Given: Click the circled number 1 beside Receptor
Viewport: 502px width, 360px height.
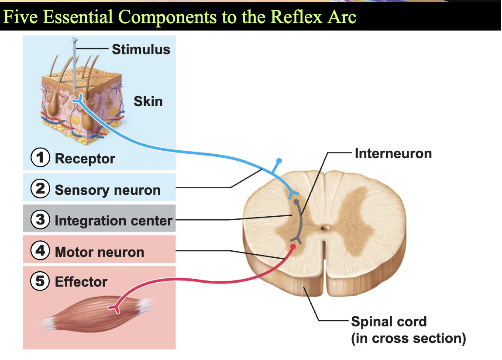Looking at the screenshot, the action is click(40, 157).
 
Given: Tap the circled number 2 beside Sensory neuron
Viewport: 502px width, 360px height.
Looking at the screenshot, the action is click(40, 188).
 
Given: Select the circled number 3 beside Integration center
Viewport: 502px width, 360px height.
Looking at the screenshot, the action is click(40, 219).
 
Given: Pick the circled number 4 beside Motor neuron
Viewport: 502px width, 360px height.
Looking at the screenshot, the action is click(40, 250).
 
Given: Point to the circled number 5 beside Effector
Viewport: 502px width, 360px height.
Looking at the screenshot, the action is click(40, 281).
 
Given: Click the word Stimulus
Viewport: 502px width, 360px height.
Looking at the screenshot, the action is click(141, 50).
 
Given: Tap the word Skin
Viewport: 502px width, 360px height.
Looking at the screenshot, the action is click(148, 101).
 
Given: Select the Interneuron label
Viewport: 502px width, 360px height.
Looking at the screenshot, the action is click(393, 153).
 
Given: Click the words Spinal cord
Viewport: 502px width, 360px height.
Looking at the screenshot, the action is click(389, 322).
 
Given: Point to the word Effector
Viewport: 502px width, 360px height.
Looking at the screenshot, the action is click(81, 282).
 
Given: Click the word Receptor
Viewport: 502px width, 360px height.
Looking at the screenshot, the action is click(85, 159).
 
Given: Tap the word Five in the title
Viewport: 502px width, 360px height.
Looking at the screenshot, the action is click(20, 17).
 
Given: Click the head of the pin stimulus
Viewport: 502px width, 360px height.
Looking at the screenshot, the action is click(74, 40).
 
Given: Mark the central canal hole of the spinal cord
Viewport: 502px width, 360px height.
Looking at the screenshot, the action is click(325, 228).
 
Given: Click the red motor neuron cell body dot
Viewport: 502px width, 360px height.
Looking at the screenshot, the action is click(292, 246).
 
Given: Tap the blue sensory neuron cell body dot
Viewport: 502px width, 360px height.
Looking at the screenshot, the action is click(279, 160).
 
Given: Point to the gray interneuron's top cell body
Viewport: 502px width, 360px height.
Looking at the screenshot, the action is click(296, 202).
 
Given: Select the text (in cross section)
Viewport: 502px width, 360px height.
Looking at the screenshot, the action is click(409, 339).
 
